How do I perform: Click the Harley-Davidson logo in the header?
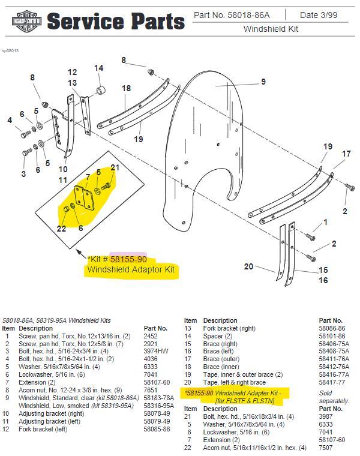pyautogui.click(x=26, y=21)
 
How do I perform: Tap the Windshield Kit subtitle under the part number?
pyautogui.click(x=271, y=29)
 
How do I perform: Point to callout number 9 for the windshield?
pyautogui.click(x=263, y=82)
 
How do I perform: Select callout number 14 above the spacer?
pyautogui.click(x=99, y=68)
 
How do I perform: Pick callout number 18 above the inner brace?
pyautogui.click(x=126, y=88)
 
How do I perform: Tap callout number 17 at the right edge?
pyautogui.click(x=346, y=154)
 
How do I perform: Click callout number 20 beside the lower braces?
pyautogui.click(x=248, y=266)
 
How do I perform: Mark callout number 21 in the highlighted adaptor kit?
pyautogui.click(x=115, y=167)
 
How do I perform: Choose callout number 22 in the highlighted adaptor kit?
pyautogui.click(x=61, y=229)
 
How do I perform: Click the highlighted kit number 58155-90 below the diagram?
pyautogui.click(x=128, y=259)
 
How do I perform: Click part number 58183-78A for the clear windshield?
pyautogui.click(x=159, y=398)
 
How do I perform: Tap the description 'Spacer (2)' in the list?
pyautogui.click(x=218, y=336)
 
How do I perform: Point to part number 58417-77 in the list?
pyautogui.click(x=332, y=382)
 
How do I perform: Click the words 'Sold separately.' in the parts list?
pyautogui.click(x=334, y=397)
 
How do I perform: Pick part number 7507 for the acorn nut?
pyautogui.click(x=325, y=448)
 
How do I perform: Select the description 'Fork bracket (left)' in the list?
pyautogui.click(x=43, y=429)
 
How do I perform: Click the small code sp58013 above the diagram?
pyautogui.click(x=10, y=50)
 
